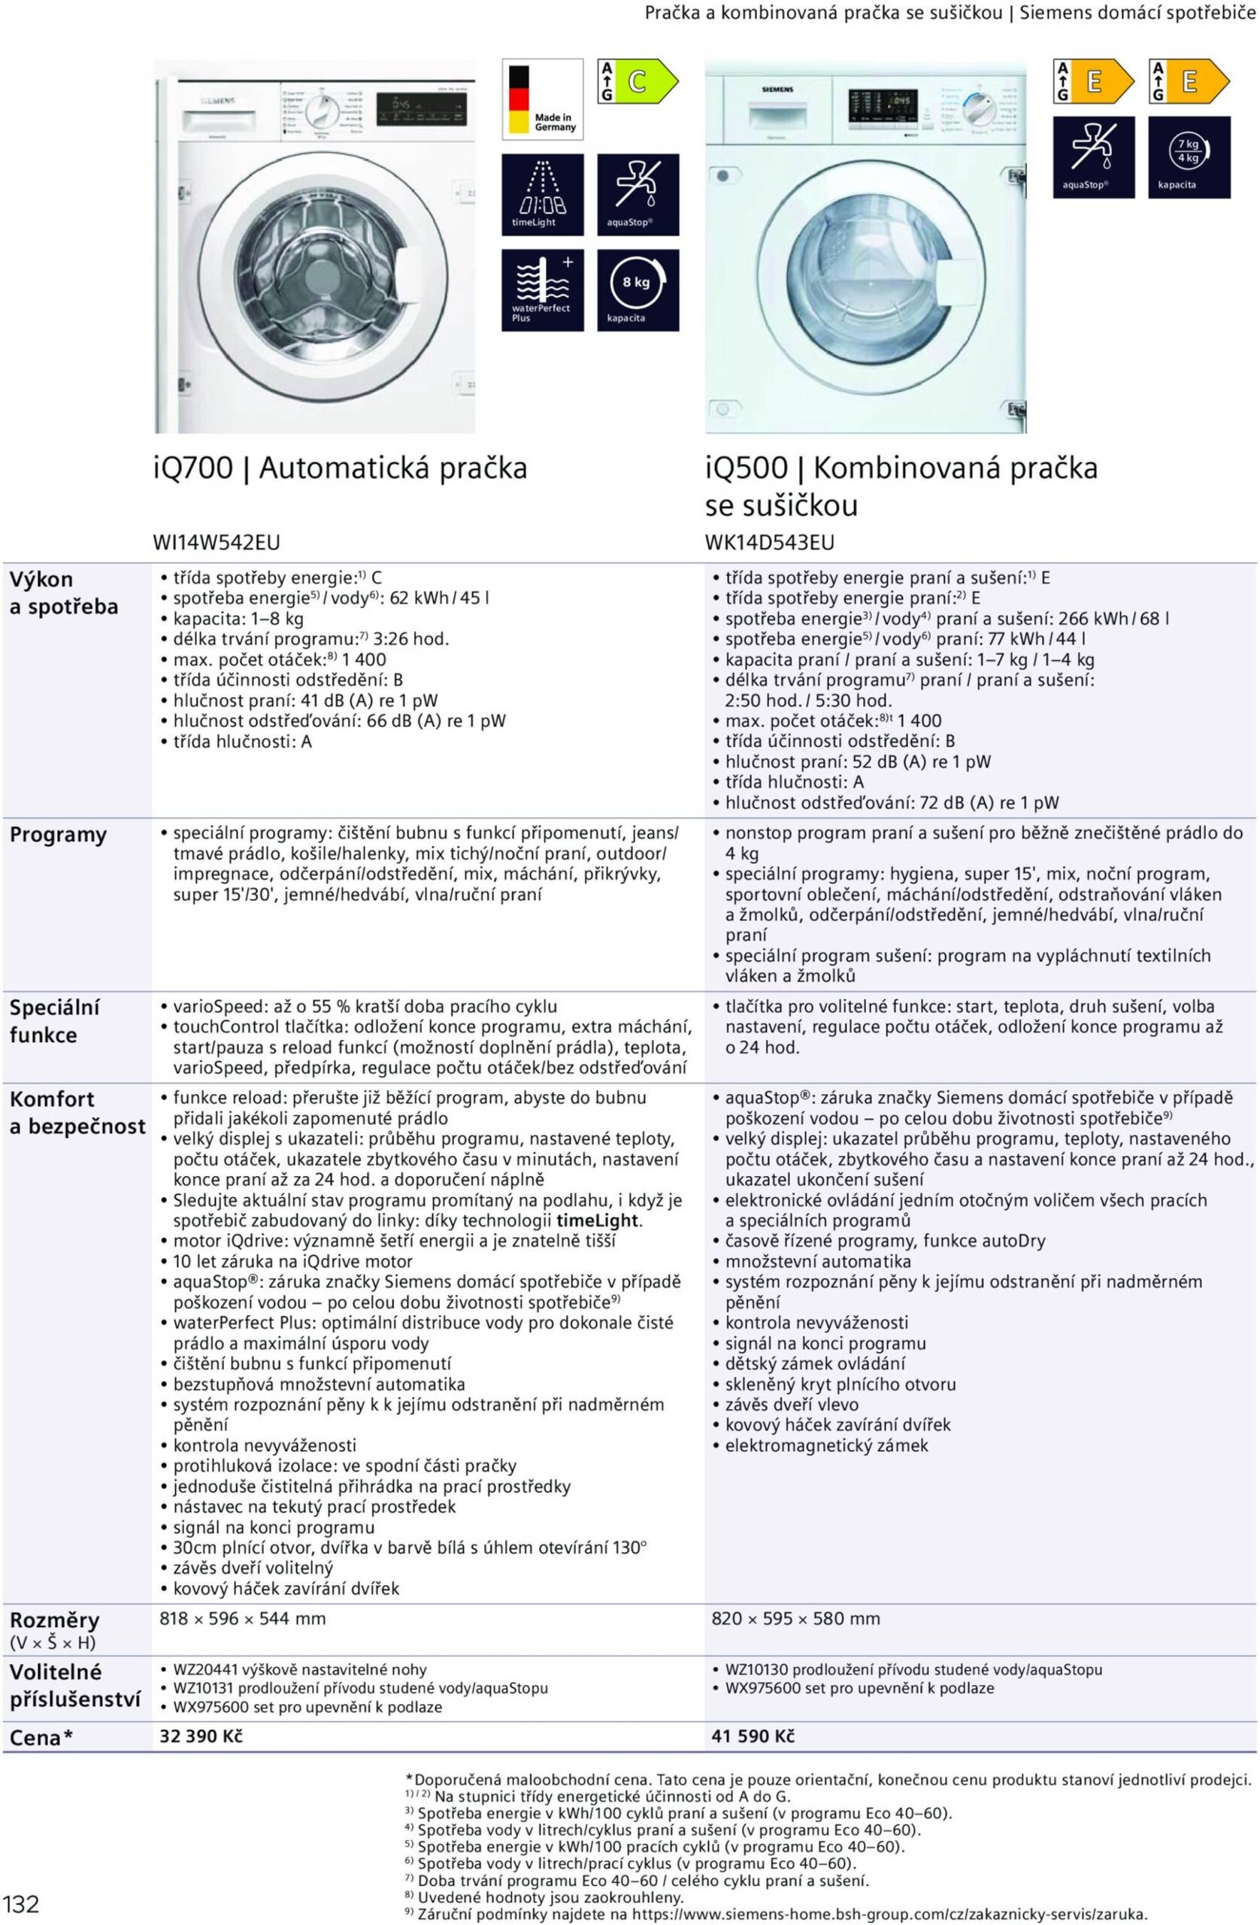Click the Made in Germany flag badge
[542, 99]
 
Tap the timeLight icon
[542, 194]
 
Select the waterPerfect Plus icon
[542, 290]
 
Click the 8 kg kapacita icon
[638, 290]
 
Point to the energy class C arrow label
[638, 81]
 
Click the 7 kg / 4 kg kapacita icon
[1189, 157]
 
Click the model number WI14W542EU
[217, 542]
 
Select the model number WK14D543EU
[769, 542]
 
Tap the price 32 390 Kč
[201, 1736]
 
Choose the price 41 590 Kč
[753, 1736]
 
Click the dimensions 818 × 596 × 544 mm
[244, 1618]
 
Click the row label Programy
[57, 835]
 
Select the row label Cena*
[41, 1737]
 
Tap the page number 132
[21, 1903]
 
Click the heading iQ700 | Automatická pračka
[340, 468]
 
